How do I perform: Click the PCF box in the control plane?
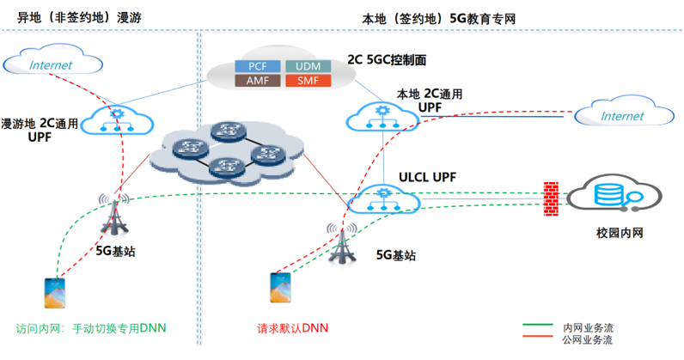point(258,66)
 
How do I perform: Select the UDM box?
point(302,66)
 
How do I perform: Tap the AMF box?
point(258,80)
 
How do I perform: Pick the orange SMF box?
point(302,80)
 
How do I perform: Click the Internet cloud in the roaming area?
point(52,64)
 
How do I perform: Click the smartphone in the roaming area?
point(54,292)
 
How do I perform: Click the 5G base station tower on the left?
point(115,217)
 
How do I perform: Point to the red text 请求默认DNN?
point(292,328)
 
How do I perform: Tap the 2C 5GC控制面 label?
point(387,60)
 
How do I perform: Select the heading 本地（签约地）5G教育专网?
point(440,17)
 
